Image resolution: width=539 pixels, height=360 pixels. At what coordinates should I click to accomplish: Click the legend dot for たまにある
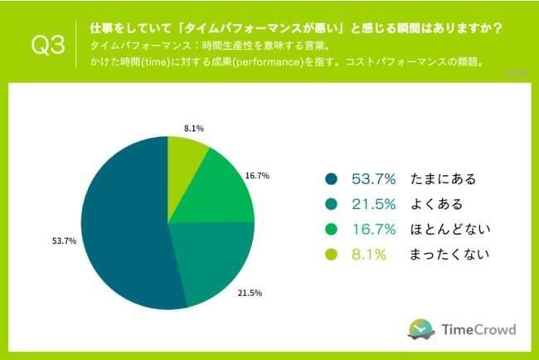point(332,178)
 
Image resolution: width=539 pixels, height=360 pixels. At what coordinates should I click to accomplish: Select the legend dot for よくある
point(332,204)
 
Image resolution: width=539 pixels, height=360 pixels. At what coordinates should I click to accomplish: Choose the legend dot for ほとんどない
point(332,230)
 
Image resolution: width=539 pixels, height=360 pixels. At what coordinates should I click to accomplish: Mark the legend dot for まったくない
point(332,255)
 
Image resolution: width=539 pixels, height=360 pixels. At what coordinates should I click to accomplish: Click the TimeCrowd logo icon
point(421,328)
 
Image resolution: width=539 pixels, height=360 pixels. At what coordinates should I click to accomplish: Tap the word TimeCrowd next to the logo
point(477,329)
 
